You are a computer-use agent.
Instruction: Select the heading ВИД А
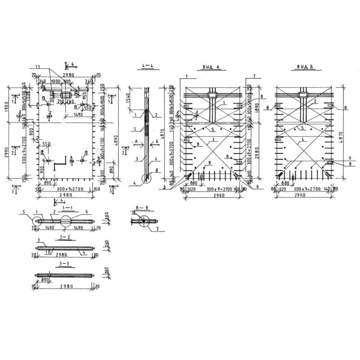[x=210, y=67]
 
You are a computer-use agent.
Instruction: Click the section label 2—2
[x=66, y=236]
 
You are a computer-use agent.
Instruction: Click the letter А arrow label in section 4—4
[x=136, y=141]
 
